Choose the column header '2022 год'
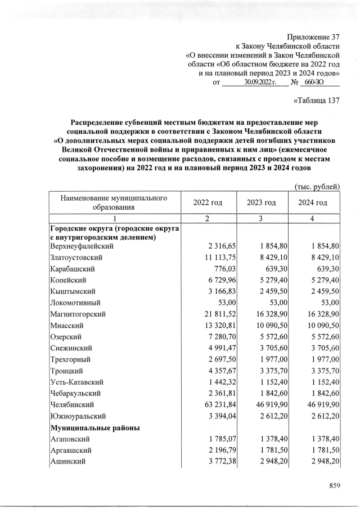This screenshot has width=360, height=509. [208, 202]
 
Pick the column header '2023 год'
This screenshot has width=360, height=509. [261, 202]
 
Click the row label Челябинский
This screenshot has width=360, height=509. [72, 404]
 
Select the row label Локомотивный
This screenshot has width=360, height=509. [75, 303]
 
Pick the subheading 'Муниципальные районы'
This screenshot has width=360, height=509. [95, 427]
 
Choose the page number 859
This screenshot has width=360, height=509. [335, 485]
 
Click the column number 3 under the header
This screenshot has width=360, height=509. [261, 218]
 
